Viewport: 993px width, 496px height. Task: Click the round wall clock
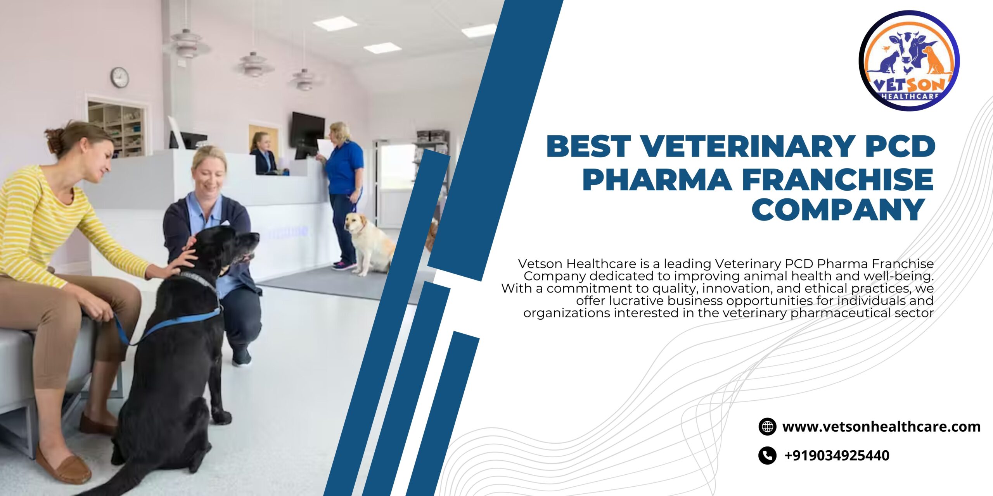[x=119, y=77]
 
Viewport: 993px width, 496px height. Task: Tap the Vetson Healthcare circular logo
[x=909, y=61]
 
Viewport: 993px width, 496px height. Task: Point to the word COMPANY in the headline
[x=838, y=210]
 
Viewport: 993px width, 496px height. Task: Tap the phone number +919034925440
[x=837, y=455]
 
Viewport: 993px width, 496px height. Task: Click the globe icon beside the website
[x=767, y=427]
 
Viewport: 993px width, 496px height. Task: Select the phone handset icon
[x=767, y=455]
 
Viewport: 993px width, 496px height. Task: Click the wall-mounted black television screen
[x=308, y=130]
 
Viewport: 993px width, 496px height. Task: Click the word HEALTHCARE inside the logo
[x=910, y=96]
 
